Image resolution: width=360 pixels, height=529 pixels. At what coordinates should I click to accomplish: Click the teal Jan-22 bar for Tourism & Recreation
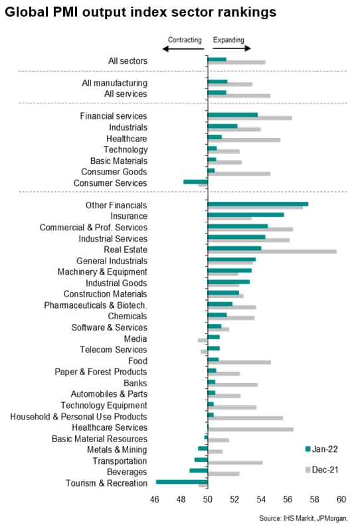coord(182,482)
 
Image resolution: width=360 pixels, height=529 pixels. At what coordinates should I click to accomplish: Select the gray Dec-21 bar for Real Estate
coord(272,252)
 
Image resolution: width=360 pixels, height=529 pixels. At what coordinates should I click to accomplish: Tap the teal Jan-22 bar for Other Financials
coord(258,204)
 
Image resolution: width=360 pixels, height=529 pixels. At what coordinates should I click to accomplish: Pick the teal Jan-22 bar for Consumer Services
coord(195,182)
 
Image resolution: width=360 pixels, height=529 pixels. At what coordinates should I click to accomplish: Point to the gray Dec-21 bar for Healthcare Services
coord(250,429)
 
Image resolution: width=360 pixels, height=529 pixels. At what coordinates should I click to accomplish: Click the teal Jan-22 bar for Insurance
coord(246,215)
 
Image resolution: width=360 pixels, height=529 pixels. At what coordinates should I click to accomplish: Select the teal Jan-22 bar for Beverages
coord(199,471)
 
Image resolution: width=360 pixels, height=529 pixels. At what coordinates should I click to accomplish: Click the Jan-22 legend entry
coord(321,449)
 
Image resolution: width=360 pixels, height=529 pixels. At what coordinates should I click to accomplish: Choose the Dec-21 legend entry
coord(321,470)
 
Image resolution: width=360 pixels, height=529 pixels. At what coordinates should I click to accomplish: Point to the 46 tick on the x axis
coord(154,499)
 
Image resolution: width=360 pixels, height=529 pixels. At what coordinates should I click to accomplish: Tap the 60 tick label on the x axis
coord(341,499)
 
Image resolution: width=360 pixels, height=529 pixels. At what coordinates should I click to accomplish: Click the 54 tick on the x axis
coord(261,499)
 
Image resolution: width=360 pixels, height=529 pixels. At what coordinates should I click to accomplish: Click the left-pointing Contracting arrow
coord(183,49)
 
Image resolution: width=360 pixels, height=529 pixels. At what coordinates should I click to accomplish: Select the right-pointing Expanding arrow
coord(232,48)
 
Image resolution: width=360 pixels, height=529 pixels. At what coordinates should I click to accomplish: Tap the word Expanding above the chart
coord(228,40)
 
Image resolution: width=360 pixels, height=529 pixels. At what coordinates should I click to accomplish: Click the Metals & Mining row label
coord(117,450)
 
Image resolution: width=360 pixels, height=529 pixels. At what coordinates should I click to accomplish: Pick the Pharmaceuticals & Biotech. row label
coord(96,305)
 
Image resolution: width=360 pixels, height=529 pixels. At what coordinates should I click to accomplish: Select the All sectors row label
coord(128,61)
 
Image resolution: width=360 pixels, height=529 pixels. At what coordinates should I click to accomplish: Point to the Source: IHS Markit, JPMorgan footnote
coord(304,518)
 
